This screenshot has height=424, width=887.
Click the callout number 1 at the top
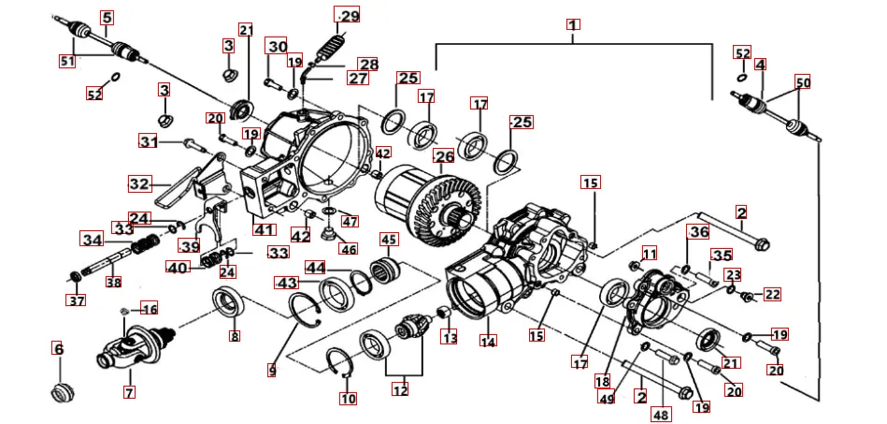pos(573,25)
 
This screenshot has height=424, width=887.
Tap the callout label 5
pos(107,18)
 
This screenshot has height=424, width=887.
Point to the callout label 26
pos(443,156)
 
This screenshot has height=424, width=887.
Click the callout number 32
pos(138,183)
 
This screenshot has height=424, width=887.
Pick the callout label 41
pos(264,228)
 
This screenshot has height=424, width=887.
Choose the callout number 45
pos(389,240)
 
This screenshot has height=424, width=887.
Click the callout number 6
pos(58,349)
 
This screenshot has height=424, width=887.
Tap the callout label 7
pos(129,392)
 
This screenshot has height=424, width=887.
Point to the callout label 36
pos(699,231)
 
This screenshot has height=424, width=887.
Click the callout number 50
pos(802,81)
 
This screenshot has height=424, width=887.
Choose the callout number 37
pos(75,300)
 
